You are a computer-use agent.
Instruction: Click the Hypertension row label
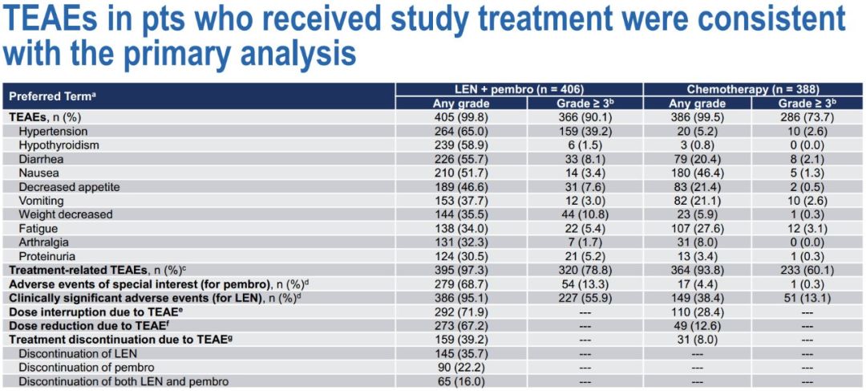pyautogui.click(x=53, y=131)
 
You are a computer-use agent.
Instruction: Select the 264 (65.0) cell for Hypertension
pyautogui.click(x=456, y=131)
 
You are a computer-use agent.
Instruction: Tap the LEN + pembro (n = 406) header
pyautogui.click(x=519, y=89)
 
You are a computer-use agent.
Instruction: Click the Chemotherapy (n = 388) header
pyautogui.click(x=753, y=89)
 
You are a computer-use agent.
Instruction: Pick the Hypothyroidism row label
pyautogui.click(x=59, y=145)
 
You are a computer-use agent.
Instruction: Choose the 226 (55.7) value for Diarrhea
pyautogui.click(x=456, y=159)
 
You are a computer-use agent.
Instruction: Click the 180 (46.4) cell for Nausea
pyautogui.click(x=697, y=173)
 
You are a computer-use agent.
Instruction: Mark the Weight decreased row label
pyautogui.click(x=66, y=214)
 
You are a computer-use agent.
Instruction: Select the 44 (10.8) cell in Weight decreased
pyautogui.click(x=581, y=214)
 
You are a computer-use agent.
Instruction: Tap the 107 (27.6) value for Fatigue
pyautogui.click(x=697, y=229)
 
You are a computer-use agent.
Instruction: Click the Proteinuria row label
pyautogui.click(x=48, y=256)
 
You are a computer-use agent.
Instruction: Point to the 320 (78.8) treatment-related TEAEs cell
pyautogui.click(x=581, y=271)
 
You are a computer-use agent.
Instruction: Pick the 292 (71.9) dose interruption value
pyautogui.click(x=456, y=312)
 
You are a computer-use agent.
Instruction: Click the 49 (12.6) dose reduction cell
pyautogui.click(x=697, y=326)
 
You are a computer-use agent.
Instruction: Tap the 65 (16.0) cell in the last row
pyautogui.click(x=456, y=381)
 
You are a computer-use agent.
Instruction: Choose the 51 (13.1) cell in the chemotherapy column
pyautogui.click(x=808, y=298)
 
